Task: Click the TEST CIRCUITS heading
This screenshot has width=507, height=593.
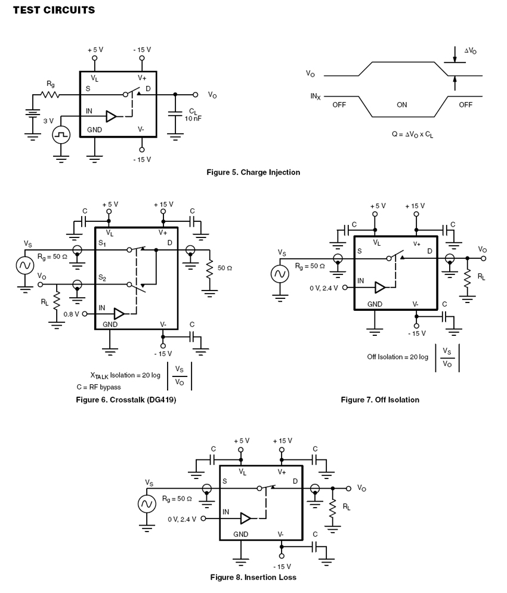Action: [x=54, y=10]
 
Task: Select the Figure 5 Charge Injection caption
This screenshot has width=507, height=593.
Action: [x=253, y=172]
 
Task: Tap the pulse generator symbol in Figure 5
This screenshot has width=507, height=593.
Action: [x=61, y=135]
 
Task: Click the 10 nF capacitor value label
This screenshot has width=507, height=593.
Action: [x=193, y=118]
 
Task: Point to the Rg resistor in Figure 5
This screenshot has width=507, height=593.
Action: [x=50, y=94]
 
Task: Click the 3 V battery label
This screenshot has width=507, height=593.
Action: [x=48, y=121]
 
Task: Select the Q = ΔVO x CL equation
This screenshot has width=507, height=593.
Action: [x=413, y=134]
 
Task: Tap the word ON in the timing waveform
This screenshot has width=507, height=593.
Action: [x=402, y=105]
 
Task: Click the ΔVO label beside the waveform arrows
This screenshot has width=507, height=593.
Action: [x=471, y=51]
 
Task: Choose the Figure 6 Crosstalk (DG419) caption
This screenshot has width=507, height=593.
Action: [x=126, y=400]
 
